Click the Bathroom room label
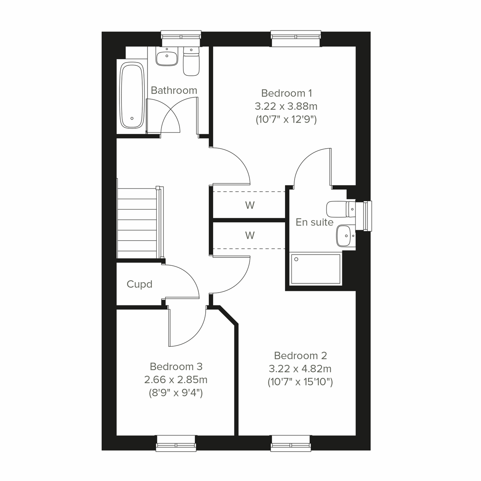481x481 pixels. pos(174,91)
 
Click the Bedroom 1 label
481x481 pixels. pos(286,93)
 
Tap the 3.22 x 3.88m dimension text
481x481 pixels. pos(286,106)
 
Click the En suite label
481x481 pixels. pos(314,222)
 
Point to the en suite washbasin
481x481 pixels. pos(345,235)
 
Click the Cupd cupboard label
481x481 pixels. pos(139,285)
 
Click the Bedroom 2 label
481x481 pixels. pos(300,356)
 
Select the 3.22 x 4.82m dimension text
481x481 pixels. pos(300,369)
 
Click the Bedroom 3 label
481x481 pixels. pos(176,366)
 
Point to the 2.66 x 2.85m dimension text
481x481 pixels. pos(176,380)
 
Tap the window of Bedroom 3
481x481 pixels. pos(176,443)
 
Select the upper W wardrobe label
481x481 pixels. pos(250,206)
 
